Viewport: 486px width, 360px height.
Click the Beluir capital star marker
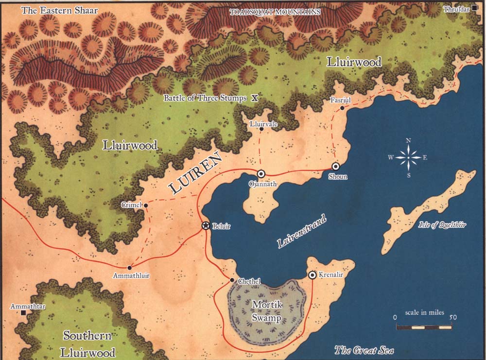tap(206, 225)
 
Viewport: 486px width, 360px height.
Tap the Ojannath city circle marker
tap(261, 173)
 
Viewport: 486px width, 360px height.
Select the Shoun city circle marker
tap(335, 167)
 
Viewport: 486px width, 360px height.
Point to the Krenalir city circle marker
tap(312, 275)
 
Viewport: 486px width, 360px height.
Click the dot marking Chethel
tap(232, 280)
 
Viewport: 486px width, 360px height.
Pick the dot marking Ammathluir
tap(130, 268)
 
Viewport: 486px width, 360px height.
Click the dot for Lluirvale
tap(261, 129)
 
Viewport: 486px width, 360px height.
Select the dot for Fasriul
tap(342, 108)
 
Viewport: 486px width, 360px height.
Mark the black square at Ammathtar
tap(23, 313)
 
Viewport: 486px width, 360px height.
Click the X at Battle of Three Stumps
tap(254, 98)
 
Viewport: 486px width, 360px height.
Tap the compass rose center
tap(408, 157)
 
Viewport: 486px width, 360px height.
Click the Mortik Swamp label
tap(266, 311)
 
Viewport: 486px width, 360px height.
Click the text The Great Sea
tap(364, 350)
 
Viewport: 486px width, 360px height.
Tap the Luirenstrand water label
tap(302, 232)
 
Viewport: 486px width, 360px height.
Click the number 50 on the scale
tap(452, 317)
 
